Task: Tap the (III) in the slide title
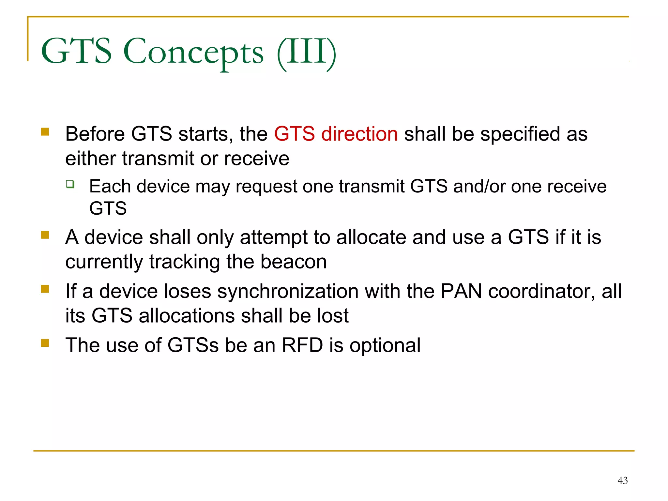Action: pos(306,52)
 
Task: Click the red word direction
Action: pos(359,134)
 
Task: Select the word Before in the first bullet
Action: pos(95,134)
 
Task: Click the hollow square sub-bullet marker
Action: pos(70,184)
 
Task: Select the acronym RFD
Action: pos(302,345)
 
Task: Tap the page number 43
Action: pos(622,480)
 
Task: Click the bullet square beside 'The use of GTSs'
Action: pos(45,343)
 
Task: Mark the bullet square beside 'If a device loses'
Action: pos(45,289)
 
